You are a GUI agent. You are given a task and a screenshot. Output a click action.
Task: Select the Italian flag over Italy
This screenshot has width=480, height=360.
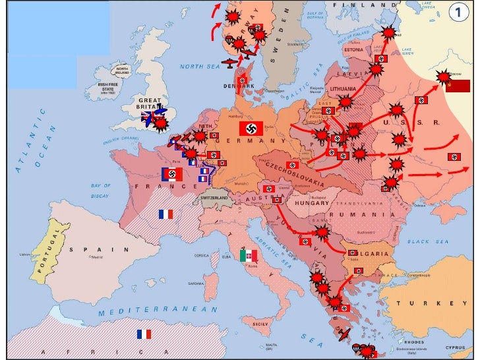click(249, 256)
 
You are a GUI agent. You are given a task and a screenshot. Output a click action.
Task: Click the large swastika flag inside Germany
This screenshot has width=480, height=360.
click(251, 129)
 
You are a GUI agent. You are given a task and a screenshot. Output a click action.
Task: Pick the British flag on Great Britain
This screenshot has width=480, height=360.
click(148, 117)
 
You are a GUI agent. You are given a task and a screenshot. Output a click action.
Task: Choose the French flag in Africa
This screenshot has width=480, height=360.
click(144, 334)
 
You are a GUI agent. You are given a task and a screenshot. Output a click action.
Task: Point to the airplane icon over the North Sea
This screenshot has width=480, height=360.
click(228, 64)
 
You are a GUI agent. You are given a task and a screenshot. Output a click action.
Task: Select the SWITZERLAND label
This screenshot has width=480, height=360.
click(214, 198)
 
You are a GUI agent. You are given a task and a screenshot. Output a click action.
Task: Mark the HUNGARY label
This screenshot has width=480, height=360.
click(307, 203)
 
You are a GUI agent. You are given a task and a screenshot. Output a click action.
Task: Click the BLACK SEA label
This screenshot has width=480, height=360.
click(428, 241)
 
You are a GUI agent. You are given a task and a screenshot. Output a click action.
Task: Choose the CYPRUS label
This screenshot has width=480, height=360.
click(456, 347)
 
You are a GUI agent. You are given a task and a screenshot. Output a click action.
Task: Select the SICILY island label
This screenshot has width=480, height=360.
click(262, 324)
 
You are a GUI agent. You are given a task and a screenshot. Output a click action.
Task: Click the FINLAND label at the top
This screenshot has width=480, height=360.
click(356, 5)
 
